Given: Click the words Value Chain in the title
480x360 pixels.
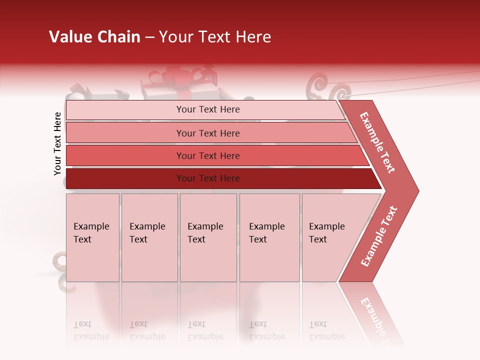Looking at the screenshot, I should pyautogui.click(x=94, y=37).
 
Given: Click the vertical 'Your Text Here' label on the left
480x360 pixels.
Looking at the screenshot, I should pyautogui.click(x=57, y=143).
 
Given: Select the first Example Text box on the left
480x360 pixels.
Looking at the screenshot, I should pyautogui.click(x=92, y=237).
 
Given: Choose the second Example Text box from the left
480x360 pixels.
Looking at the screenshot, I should pyautogui.click(x=149, y=237).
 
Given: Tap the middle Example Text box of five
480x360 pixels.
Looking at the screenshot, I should pyautogui.click(x=208, y=237).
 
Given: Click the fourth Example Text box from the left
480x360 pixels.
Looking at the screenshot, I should pyautogui.click(x=269, y=237).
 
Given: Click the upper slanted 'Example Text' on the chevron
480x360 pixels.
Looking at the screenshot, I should pyautogui.click(x=377, y=142).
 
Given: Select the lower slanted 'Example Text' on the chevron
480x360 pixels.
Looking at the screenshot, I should pyautogui.click(x=379, y=236).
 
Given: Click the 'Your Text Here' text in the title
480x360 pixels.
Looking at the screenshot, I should pyautogui.click(x=214, y=37).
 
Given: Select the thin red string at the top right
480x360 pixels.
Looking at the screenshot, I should pyautogui.click(x=425, y=80).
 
